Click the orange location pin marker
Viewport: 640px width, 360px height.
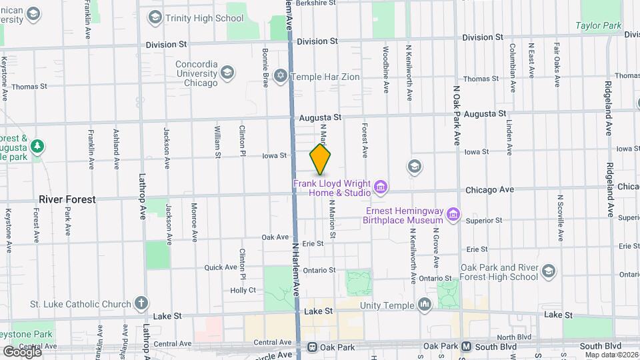[321, 159]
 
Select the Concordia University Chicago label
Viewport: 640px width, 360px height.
[196, 73]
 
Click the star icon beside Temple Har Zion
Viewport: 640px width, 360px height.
[281, 77]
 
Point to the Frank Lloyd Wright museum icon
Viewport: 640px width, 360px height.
[380, 187]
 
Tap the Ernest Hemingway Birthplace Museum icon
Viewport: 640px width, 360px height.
[453, 214]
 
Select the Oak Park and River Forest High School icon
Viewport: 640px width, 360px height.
[548, 271]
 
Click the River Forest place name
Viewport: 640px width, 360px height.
[67, 199]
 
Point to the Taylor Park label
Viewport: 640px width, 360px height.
[599, 26]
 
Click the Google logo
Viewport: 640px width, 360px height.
[21, 351]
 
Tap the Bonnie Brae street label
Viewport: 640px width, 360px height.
[265, 61]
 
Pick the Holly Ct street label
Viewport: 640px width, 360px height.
[243, 290]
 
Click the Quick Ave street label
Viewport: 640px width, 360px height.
[221, 267]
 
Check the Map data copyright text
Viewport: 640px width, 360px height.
[610, 354]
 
